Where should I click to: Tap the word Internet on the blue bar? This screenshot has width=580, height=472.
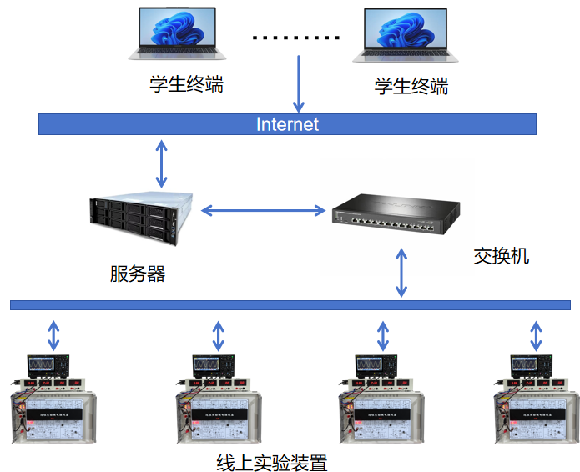point(287,124)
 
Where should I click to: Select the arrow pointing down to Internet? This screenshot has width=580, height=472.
point(298,83)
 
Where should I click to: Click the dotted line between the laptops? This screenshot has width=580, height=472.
point(296,38)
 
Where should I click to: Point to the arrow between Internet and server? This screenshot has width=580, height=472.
point(161,163)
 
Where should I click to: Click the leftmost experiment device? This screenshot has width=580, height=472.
point(52,400)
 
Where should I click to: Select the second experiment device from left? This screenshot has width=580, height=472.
point(217,400)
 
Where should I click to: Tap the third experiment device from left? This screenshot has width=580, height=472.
point(381,400)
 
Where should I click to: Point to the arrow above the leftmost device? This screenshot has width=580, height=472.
point(53,334)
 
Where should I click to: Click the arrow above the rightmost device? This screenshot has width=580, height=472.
point(536,334)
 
